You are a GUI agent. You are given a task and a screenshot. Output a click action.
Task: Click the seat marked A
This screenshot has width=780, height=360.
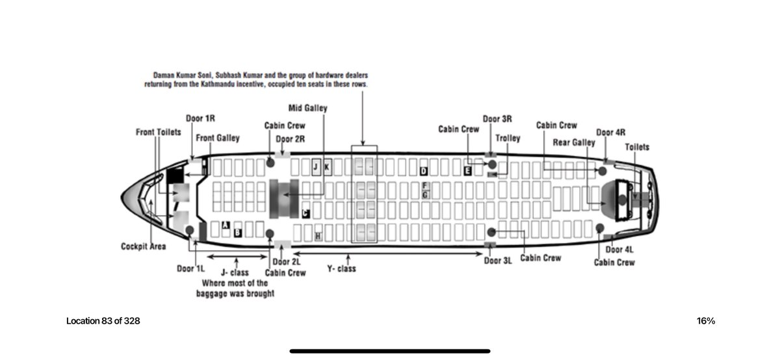click(x=226, y=225)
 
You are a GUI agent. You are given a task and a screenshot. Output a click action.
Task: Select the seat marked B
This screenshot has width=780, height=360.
click(x=239, y=231)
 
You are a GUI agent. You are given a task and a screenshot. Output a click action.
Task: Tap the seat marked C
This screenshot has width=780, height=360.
click(x=305, y=213)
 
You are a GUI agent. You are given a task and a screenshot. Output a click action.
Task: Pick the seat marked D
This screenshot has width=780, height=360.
click(x=423, y=171)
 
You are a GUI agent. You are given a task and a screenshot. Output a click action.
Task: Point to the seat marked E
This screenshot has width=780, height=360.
click(x=467, y=171)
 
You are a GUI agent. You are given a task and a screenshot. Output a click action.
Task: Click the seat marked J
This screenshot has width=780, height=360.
click(x=316, y=167)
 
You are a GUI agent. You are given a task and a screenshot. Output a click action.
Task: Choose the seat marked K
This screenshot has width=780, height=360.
click(x=327, y=167)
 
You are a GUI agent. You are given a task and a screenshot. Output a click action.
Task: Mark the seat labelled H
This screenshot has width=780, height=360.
click(x=318, y=236)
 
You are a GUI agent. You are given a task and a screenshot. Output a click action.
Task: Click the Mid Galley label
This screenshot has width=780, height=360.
click(x=307, y=108)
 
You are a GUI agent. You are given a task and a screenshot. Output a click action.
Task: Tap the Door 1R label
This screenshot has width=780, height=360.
click(x=200, y=118)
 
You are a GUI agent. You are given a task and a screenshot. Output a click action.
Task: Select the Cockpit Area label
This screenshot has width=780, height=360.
click(x=143, y=246)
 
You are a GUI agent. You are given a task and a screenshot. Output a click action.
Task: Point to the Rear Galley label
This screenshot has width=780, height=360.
click(x=573, y=142)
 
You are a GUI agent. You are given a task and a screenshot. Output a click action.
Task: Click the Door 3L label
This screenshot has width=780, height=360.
click(x=499, y=261)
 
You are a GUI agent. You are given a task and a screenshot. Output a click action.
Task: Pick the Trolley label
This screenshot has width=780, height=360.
click(x=507, y=138)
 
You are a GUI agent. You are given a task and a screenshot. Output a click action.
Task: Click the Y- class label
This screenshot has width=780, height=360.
click(x=341, y=268)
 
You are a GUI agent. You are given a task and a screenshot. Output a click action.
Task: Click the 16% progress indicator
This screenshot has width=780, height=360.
click(x=706, y=321)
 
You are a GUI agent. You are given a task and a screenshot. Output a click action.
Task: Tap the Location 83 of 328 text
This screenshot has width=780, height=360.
click(x=103, y=321)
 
